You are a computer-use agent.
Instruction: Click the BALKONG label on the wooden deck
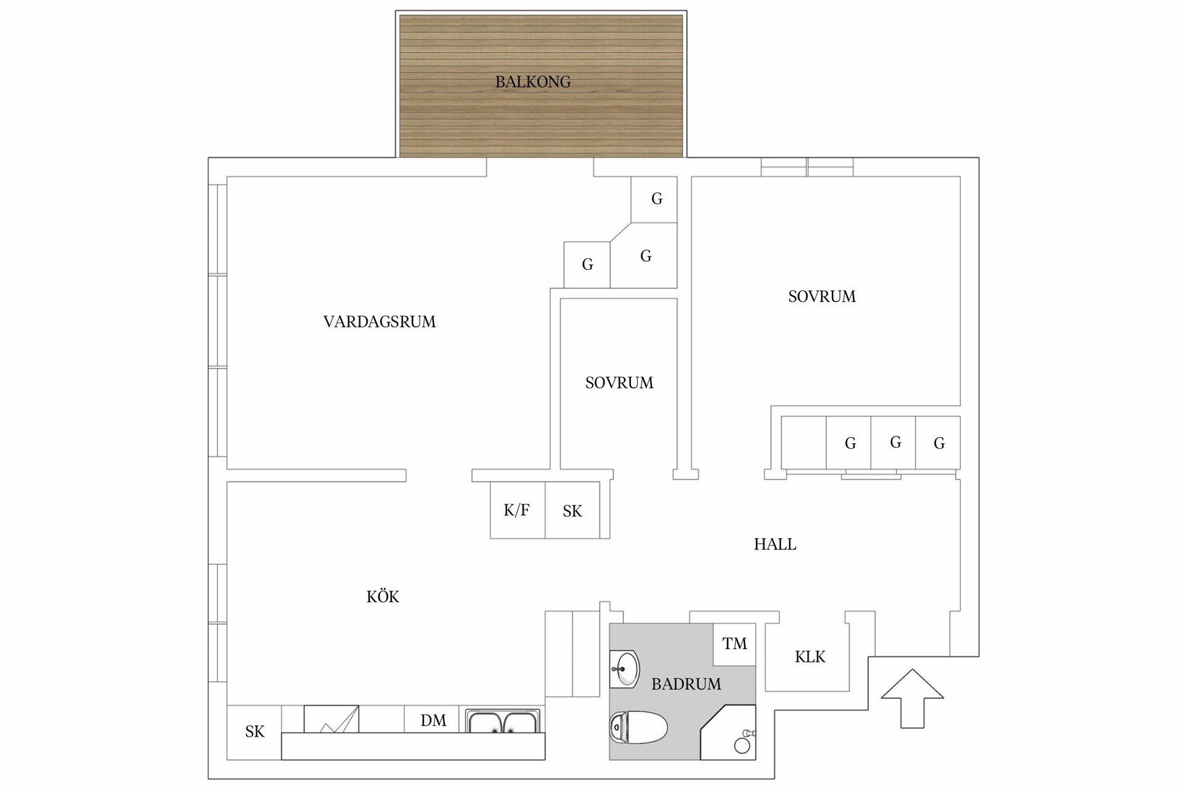[x=533, y=82]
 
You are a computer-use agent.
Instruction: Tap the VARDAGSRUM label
[x=380, y=322]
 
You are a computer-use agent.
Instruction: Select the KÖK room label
[x=383, y=597]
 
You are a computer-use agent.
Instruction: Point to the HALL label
[x=775, y=544]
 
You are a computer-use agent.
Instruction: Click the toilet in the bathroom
[x=638, y=727]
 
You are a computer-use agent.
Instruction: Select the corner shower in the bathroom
[x=730, y=734]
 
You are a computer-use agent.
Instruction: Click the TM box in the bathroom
[x=734, y=644]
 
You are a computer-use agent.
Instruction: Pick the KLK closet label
[x=810, y=657]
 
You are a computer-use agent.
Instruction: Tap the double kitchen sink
[x=503, y=721]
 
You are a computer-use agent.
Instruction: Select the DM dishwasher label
[x=433, y=721]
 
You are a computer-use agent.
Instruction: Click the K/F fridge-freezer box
[x=517, y=510]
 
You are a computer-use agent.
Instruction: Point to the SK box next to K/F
[x=572, y=511]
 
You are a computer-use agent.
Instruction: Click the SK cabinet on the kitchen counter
[x=254, y=732]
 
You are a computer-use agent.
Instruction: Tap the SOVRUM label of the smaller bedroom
[x=619, y=383]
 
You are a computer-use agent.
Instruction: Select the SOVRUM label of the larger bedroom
[x=822, y=296]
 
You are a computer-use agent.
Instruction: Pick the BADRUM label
[x=686, y=684]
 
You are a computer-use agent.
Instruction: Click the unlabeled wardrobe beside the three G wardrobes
[x=803, y=443]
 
